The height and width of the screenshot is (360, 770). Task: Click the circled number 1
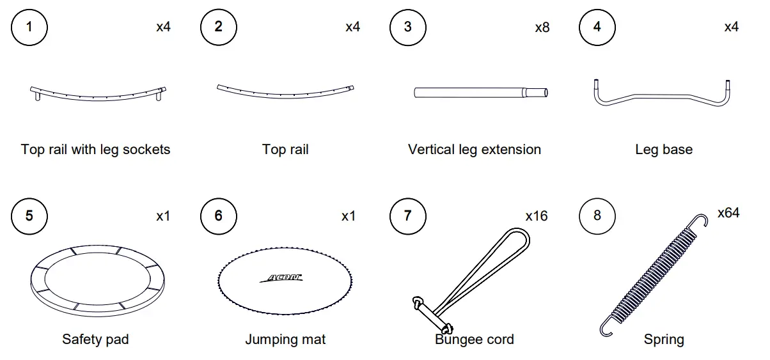coord(29,27)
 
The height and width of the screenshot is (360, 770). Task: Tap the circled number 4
coord(597,27)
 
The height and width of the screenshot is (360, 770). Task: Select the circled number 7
coord(408,215)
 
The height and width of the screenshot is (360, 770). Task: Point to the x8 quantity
coord(542,27)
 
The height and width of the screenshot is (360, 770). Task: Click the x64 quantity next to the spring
coord(728,213)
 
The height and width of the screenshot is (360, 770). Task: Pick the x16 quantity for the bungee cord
coord(537,216)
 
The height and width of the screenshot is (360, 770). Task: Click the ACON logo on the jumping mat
coord(282,278)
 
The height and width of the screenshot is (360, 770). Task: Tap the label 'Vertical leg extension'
coord(475,150)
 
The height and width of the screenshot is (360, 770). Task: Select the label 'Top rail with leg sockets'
coord(96,150)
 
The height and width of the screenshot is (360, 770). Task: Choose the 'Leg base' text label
coord(664,150)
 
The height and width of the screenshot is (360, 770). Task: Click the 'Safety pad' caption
coord(95,339)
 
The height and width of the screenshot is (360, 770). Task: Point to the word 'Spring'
coord(664,339)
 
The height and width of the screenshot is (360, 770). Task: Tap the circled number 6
coord(219,215)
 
